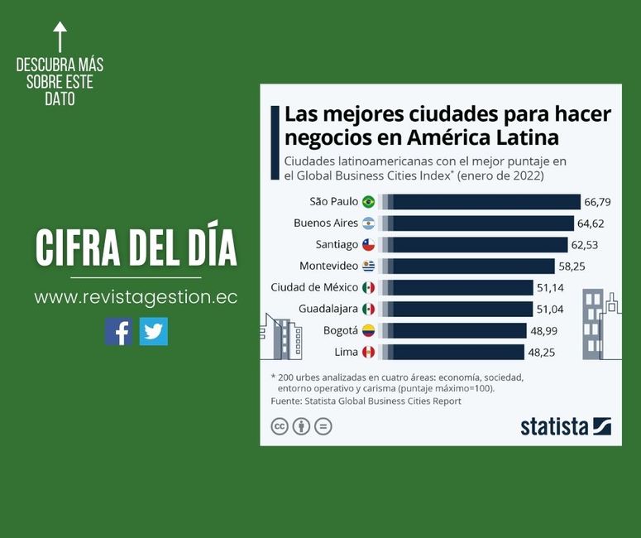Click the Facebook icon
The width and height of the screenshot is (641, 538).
pyautogui.click(x=118, y=331)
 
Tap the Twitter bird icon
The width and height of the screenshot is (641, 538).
pyautogui.click(x=154, y=331)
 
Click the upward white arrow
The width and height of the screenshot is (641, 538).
pyautogui.click(x=60, y=36)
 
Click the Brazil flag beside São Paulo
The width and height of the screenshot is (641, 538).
pyautogui.click(x=368, y=201)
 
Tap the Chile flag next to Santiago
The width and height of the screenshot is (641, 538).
pyautogui.click(x=368, y=244)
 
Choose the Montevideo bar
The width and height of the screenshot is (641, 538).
pyautogui.click(x=466, y=266)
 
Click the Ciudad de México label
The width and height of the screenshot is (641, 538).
pyautogui.click(x=314, y=287)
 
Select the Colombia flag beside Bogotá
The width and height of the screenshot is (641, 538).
pyautogui.click(x=368, y=330)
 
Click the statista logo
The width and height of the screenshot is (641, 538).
pyautogui.click(x=566, y=426)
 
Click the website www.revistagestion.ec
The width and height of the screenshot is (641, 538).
pyautogui.click(x=136, y=297)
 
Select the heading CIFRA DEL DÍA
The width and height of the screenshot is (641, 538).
pyautogui.click(x=136, y=247)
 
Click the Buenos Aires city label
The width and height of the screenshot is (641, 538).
pyautogui.click(x=326, y=223)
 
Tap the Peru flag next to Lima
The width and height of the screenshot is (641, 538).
pyautogui.click(x=368, y=352)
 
